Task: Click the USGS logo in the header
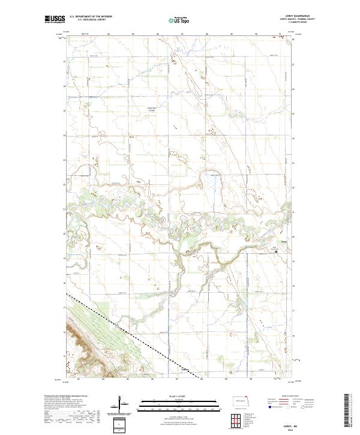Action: [54, 20]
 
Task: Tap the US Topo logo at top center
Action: [180, 20]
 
